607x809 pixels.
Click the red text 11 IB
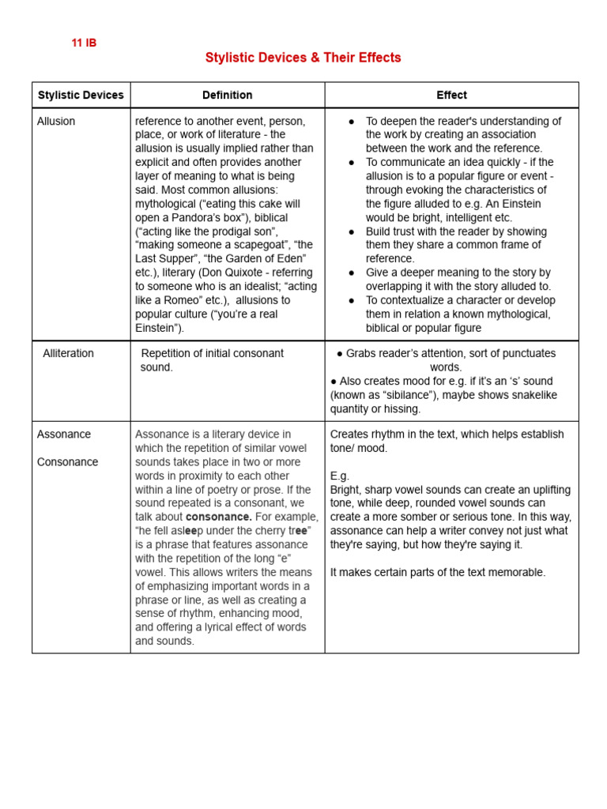84,43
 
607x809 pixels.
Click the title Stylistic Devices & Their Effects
303,58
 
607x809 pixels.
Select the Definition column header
227,95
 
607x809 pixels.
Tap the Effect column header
451,95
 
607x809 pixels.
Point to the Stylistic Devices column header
81,95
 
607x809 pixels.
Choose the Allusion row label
56,121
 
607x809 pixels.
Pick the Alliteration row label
68,353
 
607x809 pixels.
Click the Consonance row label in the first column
67,461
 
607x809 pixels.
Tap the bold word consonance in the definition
218,517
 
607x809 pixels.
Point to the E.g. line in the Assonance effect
339,476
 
